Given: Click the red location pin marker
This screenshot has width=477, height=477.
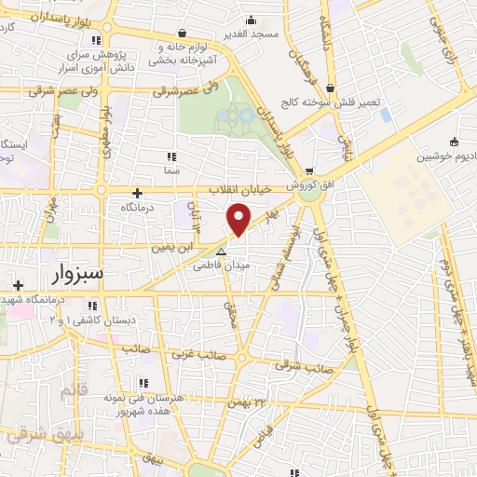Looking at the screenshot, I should pyautogui.click(x=240, y=219).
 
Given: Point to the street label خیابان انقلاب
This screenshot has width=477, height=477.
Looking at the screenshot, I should pyautogui.click(x=239, y=189).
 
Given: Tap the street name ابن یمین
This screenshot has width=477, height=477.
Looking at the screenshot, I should pyautogui.click(x=174, y=248).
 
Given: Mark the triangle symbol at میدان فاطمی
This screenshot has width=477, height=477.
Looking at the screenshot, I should pyautogui.click(x=221, y=252).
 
